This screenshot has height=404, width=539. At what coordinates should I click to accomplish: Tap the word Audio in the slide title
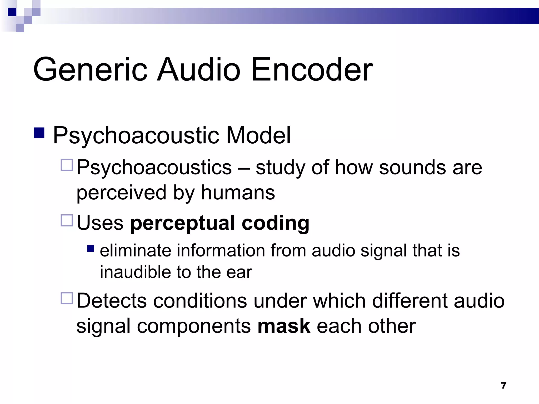[199, 70]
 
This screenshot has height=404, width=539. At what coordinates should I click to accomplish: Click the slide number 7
[504, 386]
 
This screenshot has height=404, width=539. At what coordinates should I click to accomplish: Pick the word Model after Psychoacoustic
[258, 135]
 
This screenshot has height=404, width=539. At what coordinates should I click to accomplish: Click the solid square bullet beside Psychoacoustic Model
[39, 133]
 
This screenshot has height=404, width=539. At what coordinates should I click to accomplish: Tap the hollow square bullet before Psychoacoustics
[67, 165]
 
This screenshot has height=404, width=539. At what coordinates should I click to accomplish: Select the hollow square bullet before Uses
[67, 220]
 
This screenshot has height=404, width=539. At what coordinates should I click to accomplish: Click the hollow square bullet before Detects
[67, 298]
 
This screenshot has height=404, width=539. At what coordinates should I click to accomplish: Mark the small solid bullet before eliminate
[91, 249]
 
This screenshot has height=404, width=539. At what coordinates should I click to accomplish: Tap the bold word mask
[284, 326]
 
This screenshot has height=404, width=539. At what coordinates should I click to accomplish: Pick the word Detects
[112, 301]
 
